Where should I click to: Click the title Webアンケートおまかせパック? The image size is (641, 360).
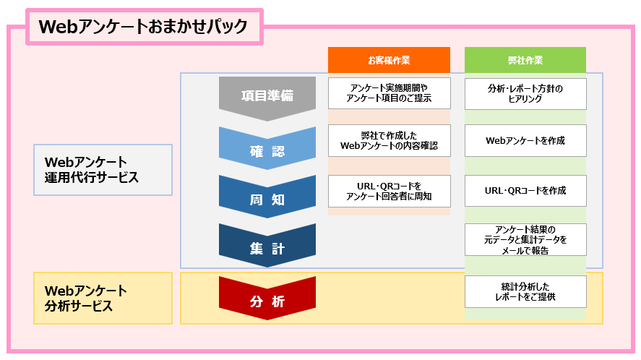coord(144,27)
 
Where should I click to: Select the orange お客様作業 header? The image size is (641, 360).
coord(389,60)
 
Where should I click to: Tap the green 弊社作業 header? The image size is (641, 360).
coord(525,60)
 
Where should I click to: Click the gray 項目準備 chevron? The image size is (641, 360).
coord(267,97)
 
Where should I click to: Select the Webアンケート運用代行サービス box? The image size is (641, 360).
coord(103,170)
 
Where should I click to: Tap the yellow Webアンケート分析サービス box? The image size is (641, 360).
coord(103,299)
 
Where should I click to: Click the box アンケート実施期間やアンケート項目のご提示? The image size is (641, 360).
coord(390,93)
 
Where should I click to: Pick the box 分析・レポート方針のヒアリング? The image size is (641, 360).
coord(525,94)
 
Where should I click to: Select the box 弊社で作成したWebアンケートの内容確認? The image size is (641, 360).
coord(390,140)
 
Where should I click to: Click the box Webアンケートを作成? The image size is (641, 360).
coord(525,140)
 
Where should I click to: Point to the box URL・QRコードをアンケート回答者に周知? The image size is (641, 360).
coord(390,191)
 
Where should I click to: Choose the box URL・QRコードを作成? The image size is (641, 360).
coord(525,191)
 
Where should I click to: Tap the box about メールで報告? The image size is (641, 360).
coord(525,240)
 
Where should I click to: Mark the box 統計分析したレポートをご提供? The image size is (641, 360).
coord(525,291)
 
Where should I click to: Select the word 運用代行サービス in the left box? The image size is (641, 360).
coord(92,178)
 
